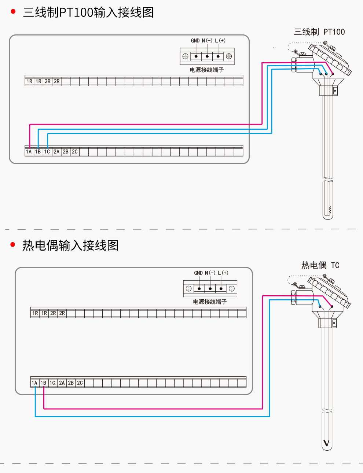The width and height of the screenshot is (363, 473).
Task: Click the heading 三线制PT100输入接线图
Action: coord(88,12)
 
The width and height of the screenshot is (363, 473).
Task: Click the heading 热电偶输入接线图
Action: coord(70,245)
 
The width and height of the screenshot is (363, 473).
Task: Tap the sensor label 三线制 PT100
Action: coord(319,32)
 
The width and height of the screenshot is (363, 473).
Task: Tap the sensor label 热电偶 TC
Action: coord(320,265)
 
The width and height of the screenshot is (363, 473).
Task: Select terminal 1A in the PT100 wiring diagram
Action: coord(29,152)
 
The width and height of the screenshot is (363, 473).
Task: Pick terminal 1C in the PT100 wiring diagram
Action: coord(47,152)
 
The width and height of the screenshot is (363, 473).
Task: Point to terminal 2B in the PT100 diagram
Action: coord(66,152)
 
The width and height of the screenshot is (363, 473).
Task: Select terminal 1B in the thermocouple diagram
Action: coord(44,383)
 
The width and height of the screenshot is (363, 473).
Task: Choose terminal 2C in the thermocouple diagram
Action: coord(80,383)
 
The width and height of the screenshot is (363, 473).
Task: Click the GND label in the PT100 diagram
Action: coord(195,41)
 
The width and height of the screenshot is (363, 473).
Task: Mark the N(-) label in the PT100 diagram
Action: coord(207,41)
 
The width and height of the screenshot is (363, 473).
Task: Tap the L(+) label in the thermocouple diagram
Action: coord(223,273)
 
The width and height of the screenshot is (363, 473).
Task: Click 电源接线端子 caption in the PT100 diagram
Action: coord(207,70)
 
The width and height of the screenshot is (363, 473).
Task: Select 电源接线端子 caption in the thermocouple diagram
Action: coord(210,302)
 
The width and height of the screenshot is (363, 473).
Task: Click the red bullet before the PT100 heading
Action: coord(14,12)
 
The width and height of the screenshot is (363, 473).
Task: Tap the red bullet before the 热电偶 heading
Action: coord(13,244)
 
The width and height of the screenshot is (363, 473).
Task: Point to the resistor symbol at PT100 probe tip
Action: coord(330,210)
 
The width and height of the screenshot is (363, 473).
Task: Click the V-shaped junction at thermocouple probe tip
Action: coord(326,443)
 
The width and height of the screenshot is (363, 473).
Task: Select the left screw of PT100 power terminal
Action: coord(186,56)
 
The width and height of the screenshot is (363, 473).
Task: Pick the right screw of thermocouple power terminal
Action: coord(232,289)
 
